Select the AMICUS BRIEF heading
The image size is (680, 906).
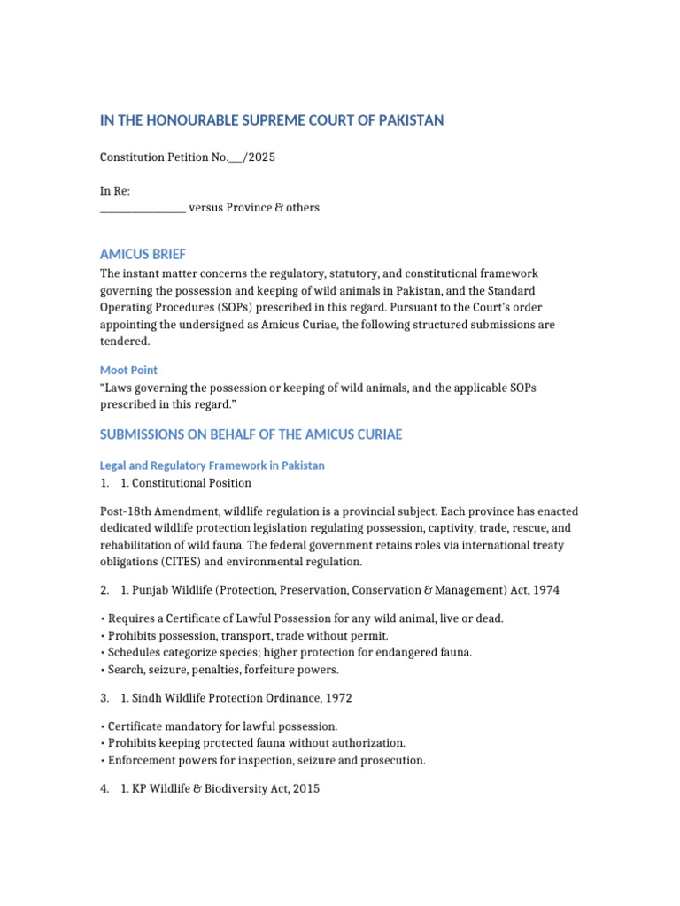143,254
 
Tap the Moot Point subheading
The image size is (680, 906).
128,370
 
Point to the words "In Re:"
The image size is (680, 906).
115,191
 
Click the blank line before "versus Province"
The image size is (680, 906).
142,209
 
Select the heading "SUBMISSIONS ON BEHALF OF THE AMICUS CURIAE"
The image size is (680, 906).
251,434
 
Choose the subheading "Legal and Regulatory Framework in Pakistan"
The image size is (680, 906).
212,465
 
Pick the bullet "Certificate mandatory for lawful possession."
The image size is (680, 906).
217,726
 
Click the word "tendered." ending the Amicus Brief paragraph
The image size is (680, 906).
126,342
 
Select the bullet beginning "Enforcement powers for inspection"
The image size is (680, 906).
265,760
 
